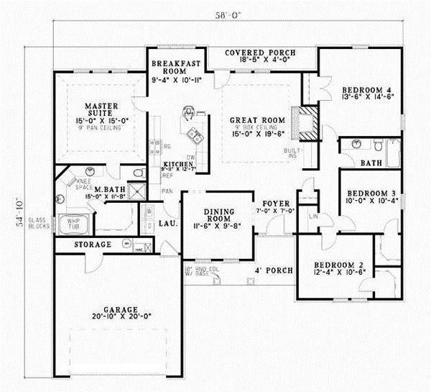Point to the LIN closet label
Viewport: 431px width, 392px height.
pyautogui.click(x=313, y=216)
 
